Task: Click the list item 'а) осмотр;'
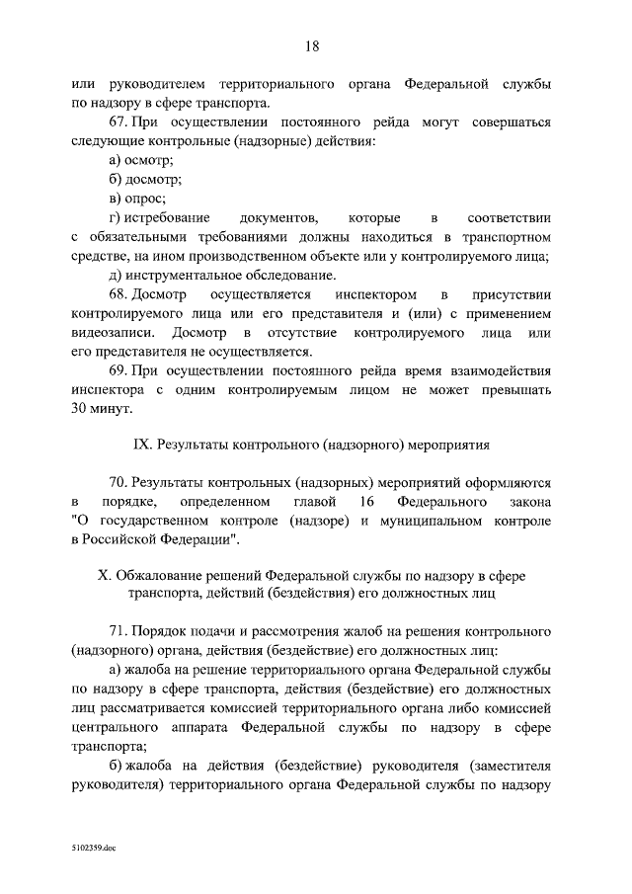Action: pos(141,161)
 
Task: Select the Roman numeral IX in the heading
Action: pos(139,446)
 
